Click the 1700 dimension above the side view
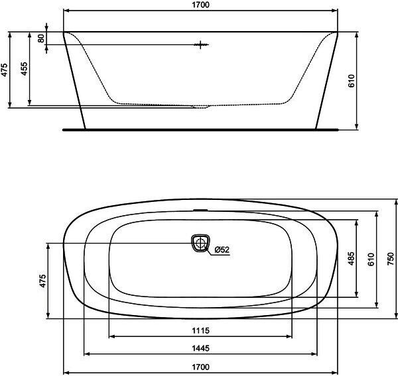click(200, 5)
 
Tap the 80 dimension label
click(41, 38)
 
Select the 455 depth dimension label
click(24, 68)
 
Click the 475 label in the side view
click(5, 70)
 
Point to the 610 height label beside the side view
click(351, 81)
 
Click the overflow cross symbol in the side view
click(201, 45)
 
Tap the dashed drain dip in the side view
click(200, 106)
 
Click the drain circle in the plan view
click(200, 243)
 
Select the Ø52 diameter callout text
click(222, 250)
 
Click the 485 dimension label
click(351, 258)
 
